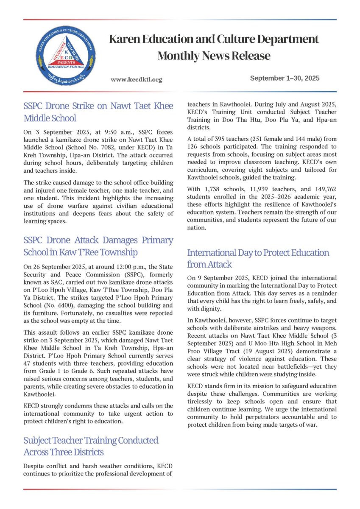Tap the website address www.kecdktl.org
point(136,79)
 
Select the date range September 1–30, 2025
point(285,78)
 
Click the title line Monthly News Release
point(214,56)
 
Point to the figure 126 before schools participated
point(194,147)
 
